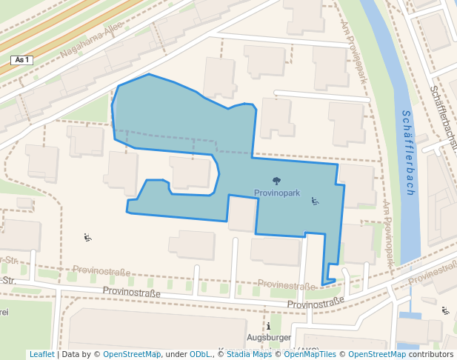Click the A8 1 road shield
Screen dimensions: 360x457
[22, 59]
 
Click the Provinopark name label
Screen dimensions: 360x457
[276, 193]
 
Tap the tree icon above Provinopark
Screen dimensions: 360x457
[276, 181]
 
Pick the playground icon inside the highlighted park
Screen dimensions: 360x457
[315, 201]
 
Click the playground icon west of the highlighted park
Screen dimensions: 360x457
[87, 238]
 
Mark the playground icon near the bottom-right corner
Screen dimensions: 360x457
[445, 311]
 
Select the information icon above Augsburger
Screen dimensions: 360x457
[269, 326]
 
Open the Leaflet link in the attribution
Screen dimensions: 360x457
[41, 354]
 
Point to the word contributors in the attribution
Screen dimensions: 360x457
[431, 354]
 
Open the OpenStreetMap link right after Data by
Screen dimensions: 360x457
[131, 354]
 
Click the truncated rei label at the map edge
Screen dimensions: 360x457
[4, 312]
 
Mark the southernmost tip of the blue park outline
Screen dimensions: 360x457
[323, 284]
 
